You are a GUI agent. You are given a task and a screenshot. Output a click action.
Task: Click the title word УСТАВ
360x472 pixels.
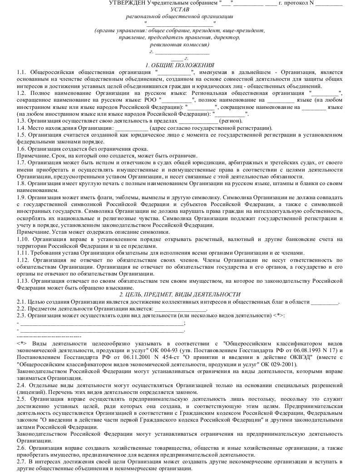click(x=180, y=10)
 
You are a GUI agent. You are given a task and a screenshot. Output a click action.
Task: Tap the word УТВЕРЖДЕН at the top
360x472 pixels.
click(x=128, y=3)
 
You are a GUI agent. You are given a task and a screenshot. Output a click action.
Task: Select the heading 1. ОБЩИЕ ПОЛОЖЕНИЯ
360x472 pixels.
click(x=180, y=65)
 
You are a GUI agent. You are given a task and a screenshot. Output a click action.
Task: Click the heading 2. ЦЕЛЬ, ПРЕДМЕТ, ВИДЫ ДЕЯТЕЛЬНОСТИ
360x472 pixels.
click(x=180, y=295)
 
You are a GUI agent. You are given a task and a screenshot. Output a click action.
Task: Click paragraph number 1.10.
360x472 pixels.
click(x=22, y=239)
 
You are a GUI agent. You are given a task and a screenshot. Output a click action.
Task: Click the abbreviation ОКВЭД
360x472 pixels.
click(x=268, y=358)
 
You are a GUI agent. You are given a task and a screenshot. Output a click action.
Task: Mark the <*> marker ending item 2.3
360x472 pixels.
click(x=279, y=316)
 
